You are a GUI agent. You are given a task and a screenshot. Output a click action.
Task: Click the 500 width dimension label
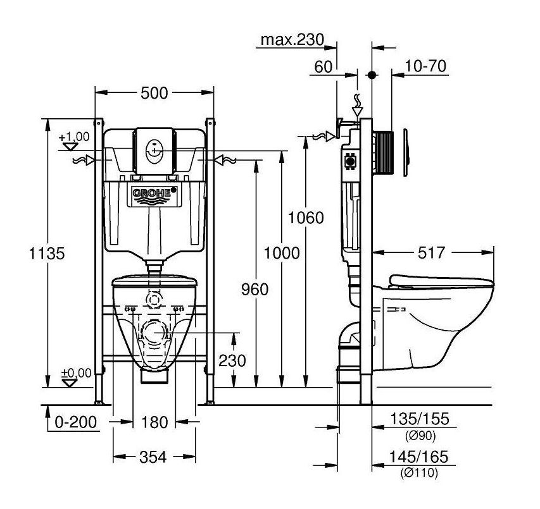154,93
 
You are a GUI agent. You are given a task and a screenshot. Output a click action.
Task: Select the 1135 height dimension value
46,254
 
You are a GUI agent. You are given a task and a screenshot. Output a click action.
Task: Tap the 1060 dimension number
306,218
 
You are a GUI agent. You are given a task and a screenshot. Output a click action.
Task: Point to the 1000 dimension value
282,253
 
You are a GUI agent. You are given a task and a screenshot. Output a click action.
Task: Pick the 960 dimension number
254,290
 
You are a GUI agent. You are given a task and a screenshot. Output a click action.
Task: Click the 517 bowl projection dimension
431,253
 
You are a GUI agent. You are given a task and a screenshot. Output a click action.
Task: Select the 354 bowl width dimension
153,457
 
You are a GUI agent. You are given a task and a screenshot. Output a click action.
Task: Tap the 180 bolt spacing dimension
154,422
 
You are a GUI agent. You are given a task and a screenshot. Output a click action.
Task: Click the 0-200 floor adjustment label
76,422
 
